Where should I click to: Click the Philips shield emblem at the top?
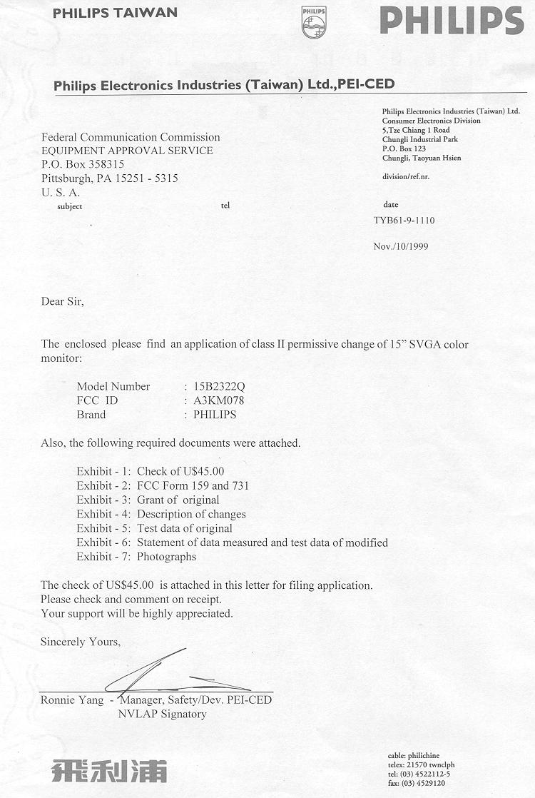tap(313, 22)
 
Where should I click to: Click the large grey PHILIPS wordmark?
tap(452, 20)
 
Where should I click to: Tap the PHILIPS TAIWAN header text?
tap(115, 13)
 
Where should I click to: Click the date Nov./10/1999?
tap(401, 246)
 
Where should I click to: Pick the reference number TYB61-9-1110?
tap(404, 221)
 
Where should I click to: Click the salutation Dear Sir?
tap(62, 301)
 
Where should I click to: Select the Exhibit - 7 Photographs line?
tap(136, 557)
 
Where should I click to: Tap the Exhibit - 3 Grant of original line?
tap(148, 500)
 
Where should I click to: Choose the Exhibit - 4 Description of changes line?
tap(161, 514)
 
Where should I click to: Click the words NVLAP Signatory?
tap(162, 714)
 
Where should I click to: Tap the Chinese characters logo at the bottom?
tap(109, 770)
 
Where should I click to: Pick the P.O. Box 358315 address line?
tap(83, 164)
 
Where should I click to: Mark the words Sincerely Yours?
tap(80, 642)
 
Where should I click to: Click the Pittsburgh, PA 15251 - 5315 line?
tap(109, 178)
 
